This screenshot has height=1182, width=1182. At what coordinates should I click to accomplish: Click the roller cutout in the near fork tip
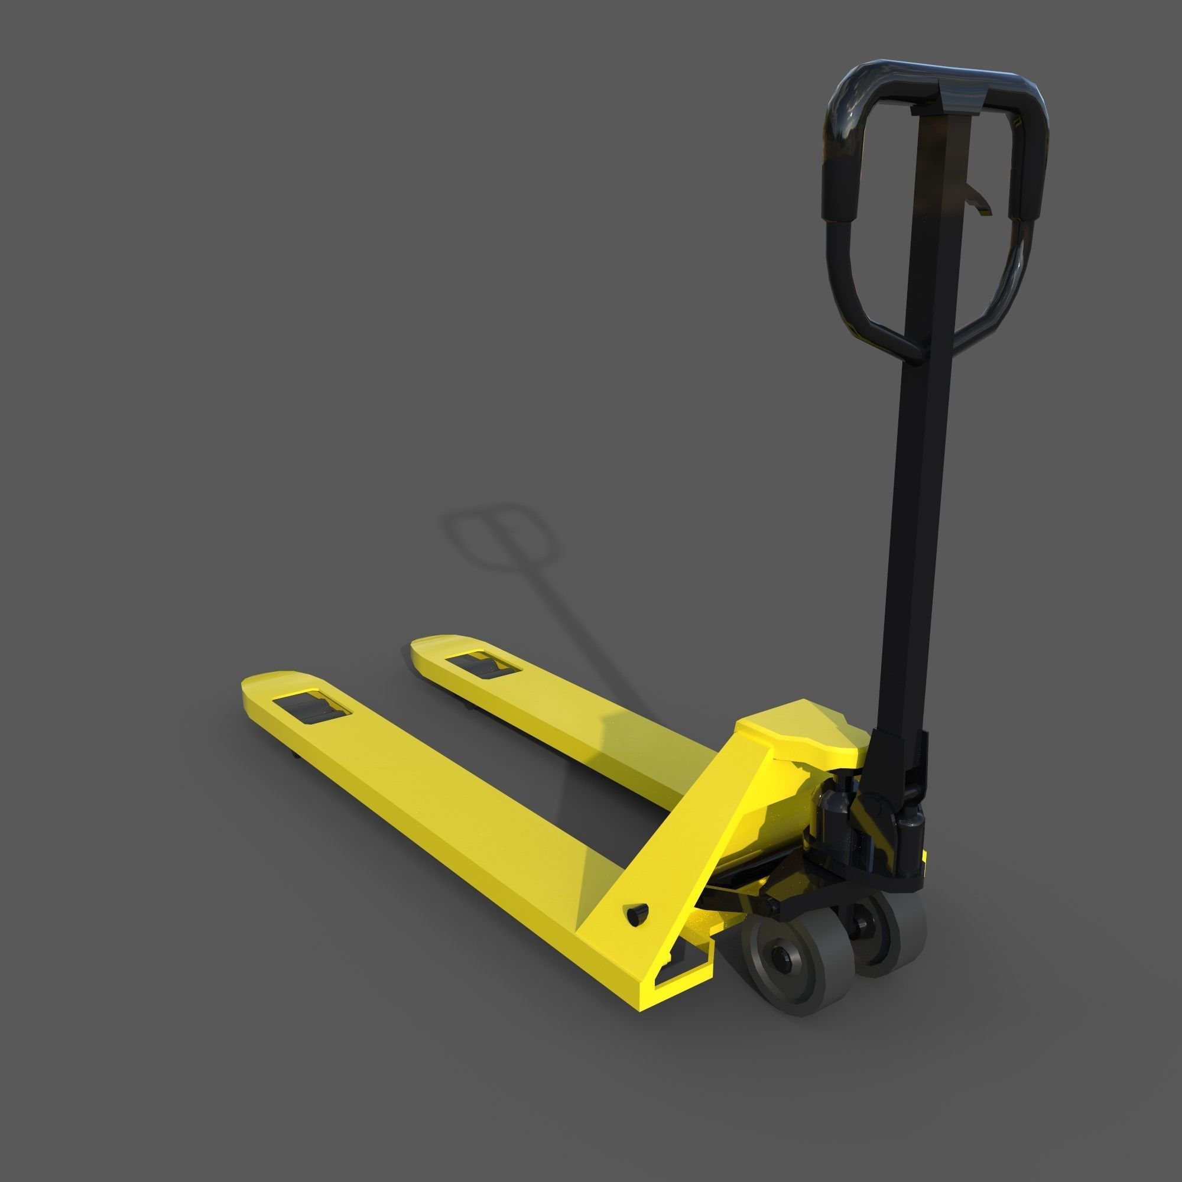[311, 710]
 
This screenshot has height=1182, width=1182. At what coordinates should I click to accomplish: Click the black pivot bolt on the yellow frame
[638, 912]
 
